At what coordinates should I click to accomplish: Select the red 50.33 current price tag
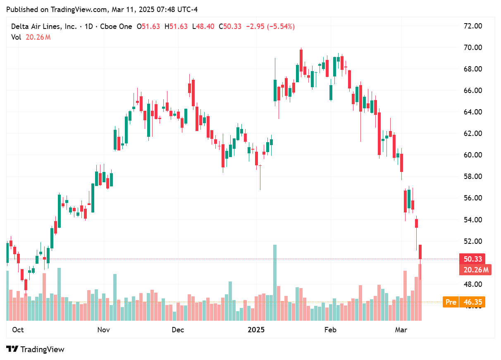pyautogui.click(x=472, y=259)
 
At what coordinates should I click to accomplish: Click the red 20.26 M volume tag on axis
pyautogui.click(x=475, y=270)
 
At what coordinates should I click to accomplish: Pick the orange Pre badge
pyautogui.click(x=451, y=302)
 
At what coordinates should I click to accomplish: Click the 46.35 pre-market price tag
pyautogui.click(x=473, y=302)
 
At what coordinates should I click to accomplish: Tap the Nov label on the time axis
pyautogui.click(x=103, y=330)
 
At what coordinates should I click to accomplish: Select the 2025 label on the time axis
pyautogui.click(x=256, y=330)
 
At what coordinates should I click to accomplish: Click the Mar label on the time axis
pyautogui.click(x=401, y=330)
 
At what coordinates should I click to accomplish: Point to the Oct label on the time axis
pyautogui.click(x=18, y=330)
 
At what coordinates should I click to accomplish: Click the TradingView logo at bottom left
pyautogui.click(x=36, y=349)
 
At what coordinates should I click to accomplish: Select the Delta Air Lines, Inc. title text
pyautogui.click(x=44, y=26)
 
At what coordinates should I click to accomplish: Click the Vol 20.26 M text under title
pyautogui.click(x=31, y=37)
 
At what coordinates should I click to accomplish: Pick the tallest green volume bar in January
pyautogui.click(x=275, y=282)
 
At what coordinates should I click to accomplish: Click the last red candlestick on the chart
pyautogui.click(x=420, y=252)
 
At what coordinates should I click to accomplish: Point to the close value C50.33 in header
pyautogui.click(x=230, y=26)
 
